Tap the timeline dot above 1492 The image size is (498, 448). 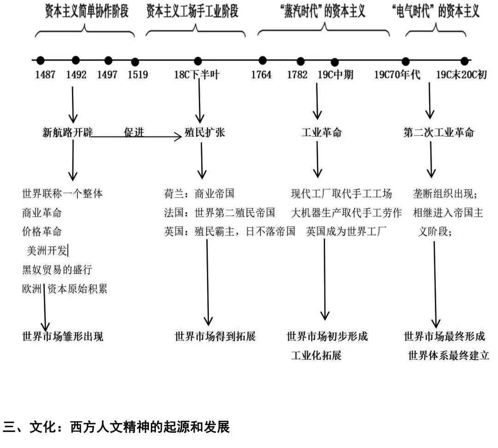[76, 60]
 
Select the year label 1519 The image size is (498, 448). [137, 75]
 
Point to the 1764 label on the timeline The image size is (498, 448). [261, 75]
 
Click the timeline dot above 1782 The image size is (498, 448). [301, 61]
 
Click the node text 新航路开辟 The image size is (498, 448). [67, 133]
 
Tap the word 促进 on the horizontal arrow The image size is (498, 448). [134, 133]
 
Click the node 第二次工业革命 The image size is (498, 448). [439, 133]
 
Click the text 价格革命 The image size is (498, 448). [41, 231]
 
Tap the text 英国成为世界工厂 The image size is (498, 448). [345, 231]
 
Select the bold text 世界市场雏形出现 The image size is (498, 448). [63, 336]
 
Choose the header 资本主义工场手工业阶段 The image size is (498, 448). [192, 12]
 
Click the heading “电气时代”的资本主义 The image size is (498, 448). [434, 12]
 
